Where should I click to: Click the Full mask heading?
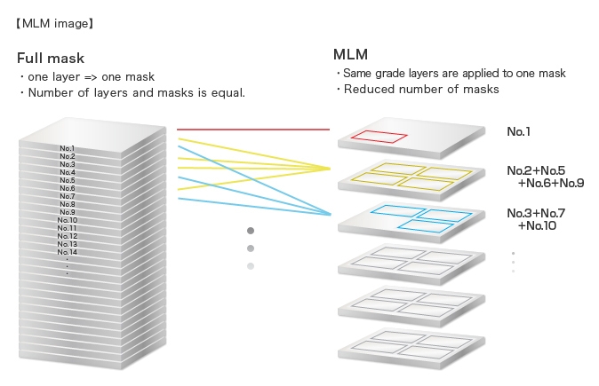click(x=51, y=59)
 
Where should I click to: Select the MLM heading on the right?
click(x=350, y=55)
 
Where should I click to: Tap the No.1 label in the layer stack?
click(x=68, y=148)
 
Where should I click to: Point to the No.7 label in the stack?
click(x=68, y=196)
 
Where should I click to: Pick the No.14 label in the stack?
click(x=68, y=252)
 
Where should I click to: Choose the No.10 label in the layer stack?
click(x=68, y=220)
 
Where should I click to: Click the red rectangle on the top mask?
click(x=377, y=138)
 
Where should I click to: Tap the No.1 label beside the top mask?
click(x=519, y=131)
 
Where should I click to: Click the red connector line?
click(x=258, y=130)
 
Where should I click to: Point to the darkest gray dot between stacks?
click(x=251, y=232)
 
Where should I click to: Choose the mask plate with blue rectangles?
click(x=411, y=217)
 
